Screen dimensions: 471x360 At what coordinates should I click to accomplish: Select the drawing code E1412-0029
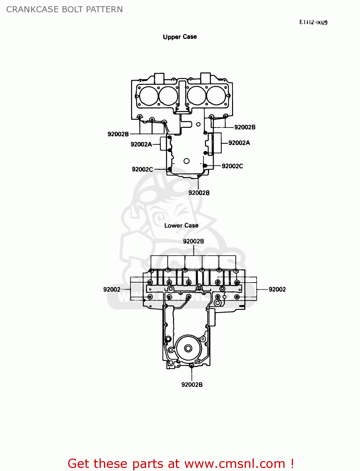tap(313, 22)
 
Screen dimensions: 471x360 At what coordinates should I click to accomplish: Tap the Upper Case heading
tap(180, 37)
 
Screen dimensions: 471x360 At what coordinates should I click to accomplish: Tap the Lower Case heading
tap(181, 225)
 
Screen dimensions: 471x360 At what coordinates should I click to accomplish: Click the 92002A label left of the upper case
tap(141, 144)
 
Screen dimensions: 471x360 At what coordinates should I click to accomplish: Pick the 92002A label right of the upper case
tap(239, 143)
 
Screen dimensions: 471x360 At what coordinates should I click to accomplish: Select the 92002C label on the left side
tap(142, 170)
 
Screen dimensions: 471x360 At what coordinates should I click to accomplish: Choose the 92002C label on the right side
tap(232, 166)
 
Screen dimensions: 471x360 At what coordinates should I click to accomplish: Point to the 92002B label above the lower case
tap(194, 241)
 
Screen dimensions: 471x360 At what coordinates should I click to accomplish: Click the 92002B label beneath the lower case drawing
tap(192, 385)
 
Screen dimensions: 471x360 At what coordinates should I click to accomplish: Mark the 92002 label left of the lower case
tap(112, 290)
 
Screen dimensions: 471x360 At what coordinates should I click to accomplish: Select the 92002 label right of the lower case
tap(277, 290)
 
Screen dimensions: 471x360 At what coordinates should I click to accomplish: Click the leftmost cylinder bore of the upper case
tap(149, 96)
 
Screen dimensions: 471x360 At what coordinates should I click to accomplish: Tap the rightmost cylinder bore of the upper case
tap(216, 95)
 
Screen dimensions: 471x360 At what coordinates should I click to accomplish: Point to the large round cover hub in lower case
tap(188, 348)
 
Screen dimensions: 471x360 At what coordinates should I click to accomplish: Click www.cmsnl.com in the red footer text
tap(234, 463)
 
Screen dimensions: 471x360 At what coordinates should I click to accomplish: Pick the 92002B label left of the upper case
tap(118, 134)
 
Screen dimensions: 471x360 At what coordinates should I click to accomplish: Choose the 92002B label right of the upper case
tap(245, 127)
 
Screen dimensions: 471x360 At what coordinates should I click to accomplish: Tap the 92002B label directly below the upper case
tap(199, 193)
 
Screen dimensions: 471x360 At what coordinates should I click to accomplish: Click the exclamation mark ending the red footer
tap(292, 463)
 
